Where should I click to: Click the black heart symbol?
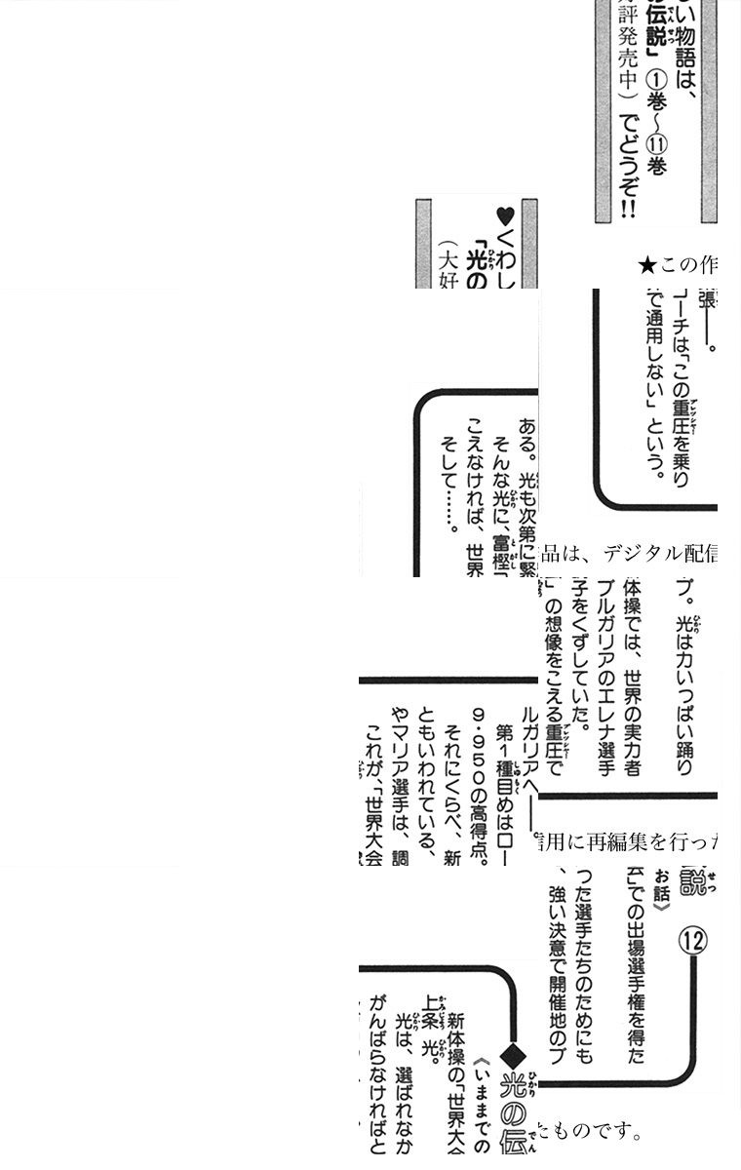tap(504, 216)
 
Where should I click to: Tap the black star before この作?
tap(646, 265)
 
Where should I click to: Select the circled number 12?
tap(693, 941)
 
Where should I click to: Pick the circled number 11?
tap(656, 148)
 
